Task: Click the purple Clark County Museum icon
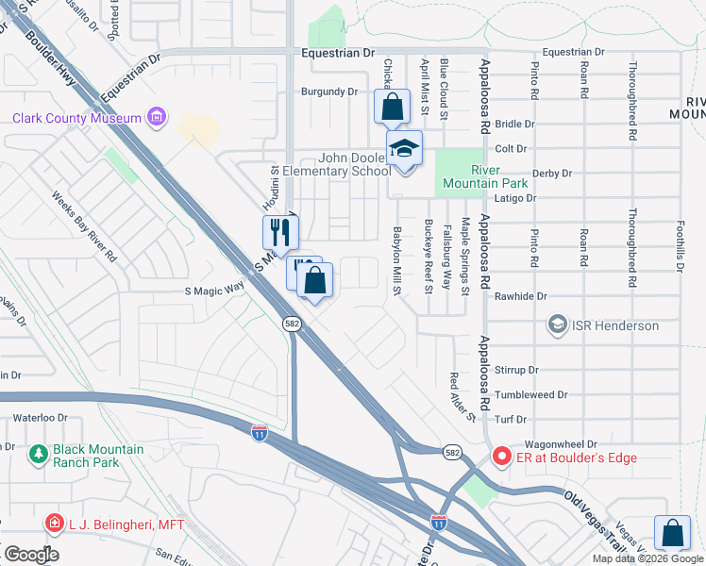tap(157, 118)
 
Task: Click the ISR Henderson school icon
tap(558, 325)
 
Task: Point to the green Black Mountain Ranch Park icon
tap(39, 456)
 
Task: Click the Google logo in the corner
tap(30, 554)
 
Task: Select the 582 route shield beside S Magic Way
tap(292, 324)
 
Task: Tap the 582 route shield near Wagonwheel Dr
tap(452, 452)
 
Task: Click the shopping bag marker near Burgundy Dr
tap(392, 107)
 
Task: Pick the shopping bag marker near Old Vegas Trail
tap(673, 533)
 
